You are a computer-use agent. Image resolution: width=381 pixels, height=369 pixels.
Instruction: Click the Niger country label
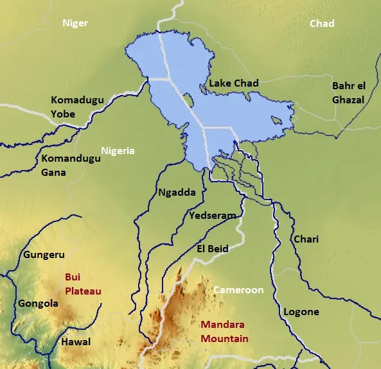(75, 24)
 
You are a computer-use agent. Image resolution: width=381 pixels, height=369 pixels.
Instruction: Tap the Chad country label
(322, 24)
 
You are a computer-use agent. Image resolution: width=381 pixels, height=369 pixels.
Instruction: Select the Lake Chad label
(234, 83)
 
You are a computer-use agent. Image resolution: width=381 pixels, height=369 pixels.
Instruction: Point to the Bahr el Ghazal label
(348, 92)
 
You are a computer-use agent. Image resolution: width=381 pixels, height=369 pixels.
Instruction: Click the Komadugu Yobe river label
(72, 107)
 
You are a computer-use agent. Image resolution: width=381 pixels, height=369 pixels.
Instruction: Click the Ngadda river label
(176, 192)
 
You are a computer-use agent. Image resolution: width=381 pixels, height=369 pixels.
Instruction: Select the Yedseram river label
(212, 216)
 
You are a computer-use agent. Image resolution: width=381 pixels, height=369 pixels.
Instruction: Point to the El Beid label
(212, 248)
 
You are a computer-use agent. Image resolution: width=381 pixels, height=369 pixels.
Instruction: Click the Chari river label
(306, 239)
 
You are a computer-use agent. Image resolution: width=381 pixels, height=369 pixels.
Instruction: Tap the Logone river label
(301, 312)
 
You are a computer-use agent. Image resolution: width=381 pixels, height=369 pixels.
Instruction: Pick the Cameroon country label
(238, 290)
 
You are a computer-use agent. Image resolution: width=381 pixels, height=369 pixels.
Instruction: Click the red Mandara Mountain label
(224, 332)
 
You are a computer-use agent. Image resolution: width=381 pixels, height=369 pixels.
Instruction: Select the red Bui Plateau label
(83, 284)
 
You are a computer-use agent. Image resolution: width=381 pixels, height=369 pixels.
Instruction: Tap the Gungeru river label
(44, 255)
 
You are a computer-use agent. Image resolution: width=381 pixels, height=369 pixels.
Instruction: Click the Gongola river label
(38, 304)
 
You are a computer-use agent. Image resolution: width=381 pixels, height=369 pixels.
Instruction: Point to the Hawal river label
(75, 342)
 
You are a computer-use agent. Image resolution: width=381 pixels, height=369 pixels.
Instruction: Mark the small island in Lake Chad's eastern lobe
(276, 120)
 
